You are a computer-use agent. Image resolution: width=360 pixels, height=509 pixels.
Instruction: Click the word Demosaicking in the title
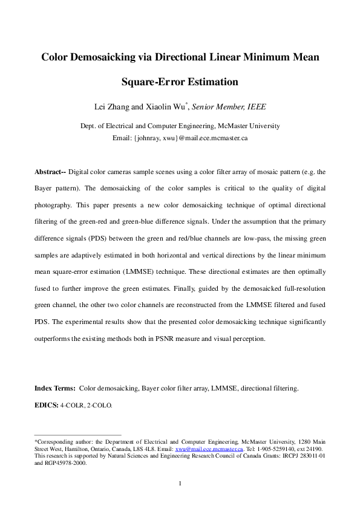click(x=106, y=58)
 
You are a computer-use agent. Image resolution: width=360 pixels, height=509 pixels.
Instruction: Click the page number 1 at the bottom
click(x=180, y=483)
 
